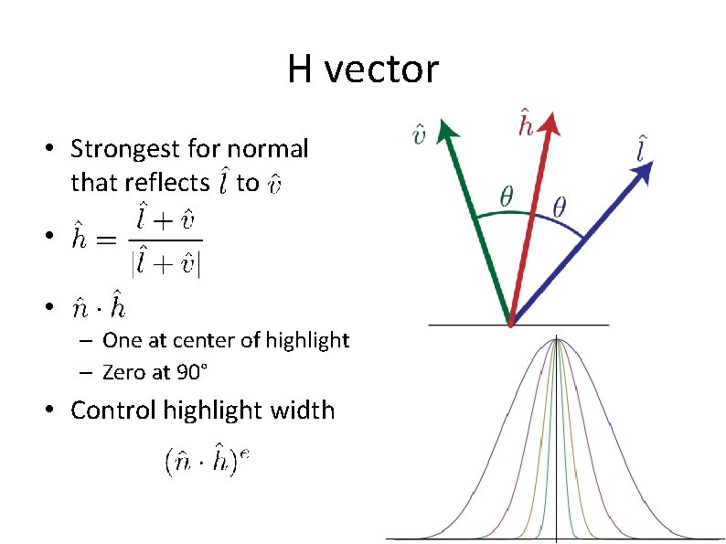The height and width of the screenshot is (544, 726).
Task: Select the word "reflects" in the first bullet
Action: tap(174, 183)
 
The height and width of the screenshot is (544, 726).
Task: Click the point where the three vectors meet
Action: tap(510, 324)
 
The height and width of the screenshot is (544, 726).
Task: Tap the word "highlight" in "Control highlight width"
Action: tap(214, 410)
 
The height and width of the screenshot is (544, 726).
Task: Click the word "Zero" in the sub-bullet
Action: tap(123, 372)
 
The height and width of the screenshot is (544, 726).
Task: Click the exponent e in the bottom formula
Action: tap(244, 454)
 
